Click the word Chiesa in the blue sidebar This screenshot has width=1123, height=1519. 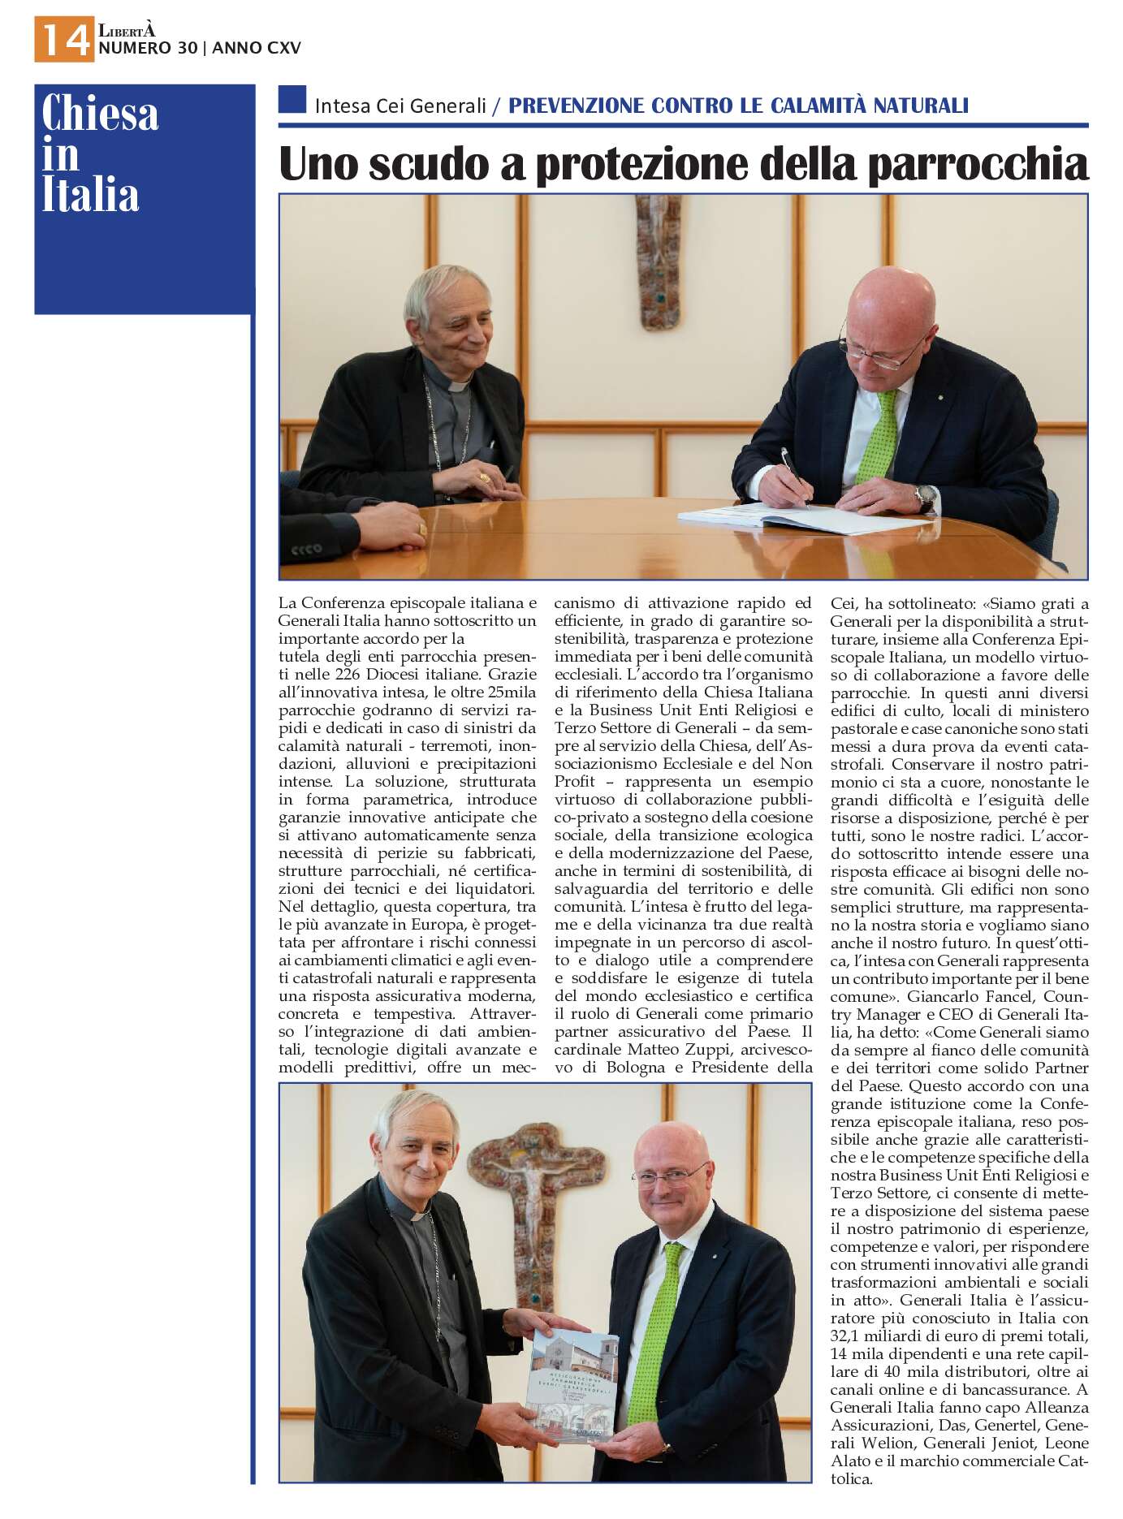[100, 113]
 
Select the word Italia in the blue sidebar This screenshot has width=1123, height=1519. [90, 195]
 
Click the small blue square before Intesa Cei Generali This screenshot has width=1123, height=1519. [292, 100]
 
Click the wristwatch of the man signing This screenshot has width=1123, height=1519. [925, 494]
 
